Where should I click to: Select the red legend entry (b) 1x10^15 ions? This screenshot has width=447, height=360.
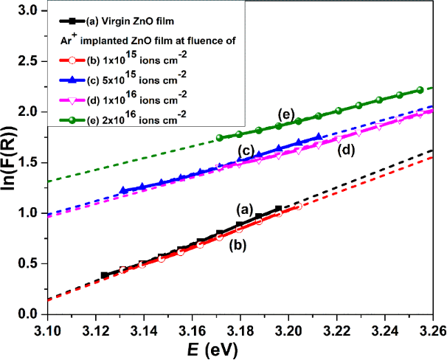pyautogui.click(x=122, y=58)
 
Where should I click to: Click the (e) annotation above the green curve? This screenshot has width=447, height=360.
pyautogui.click(x=286, y=113)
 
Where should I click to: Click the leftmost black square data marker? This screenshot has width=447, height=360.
pyautogui.click(x=105, y=275)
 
